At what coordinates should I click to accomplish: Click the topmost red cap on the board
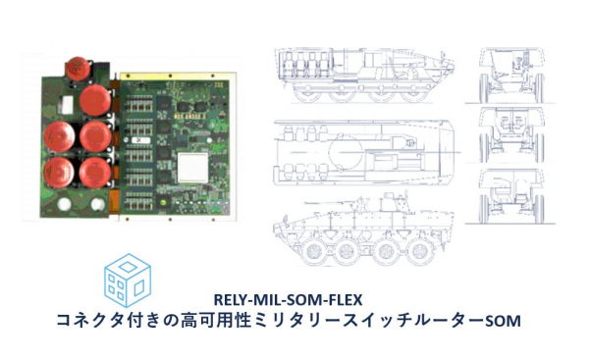pos(78,69)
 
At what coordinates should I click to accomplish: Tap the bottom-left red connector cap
pos(59,173)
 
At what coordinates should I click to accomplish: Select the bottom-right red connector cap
pos(95,173)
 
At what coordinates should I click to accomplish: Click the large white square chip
pos(192,168)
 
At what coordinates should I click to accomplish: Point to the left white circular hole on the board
pos(64,204)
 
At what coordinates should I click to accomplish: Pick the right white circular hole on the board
pos(97,204)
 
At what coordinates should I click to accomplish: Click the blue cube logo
pos(128,280)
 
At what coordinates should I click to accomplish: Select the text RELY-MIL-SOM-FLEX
pos(288,300)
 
